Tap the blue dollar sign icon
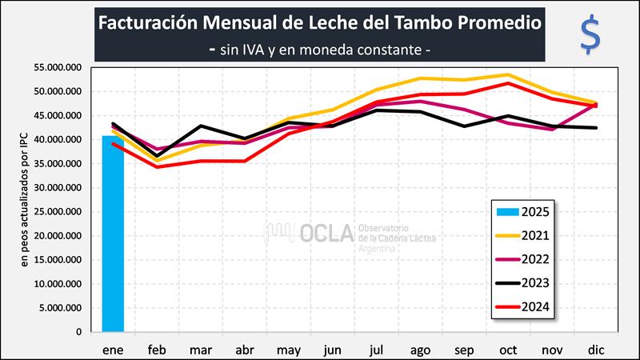[x=590, y=34]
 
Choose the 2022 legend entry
[x=525, y=259]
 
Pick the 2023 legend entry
[x=525, y=283]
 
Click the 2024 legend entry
[x=525, y=307]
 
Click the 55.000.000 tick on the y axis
[x=59, y=68]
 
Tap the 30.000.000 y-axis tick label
[x=59, y=188]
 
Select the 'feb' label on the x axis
[x=157, y=350]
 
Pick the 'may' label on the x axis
[x=288, y=350]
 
